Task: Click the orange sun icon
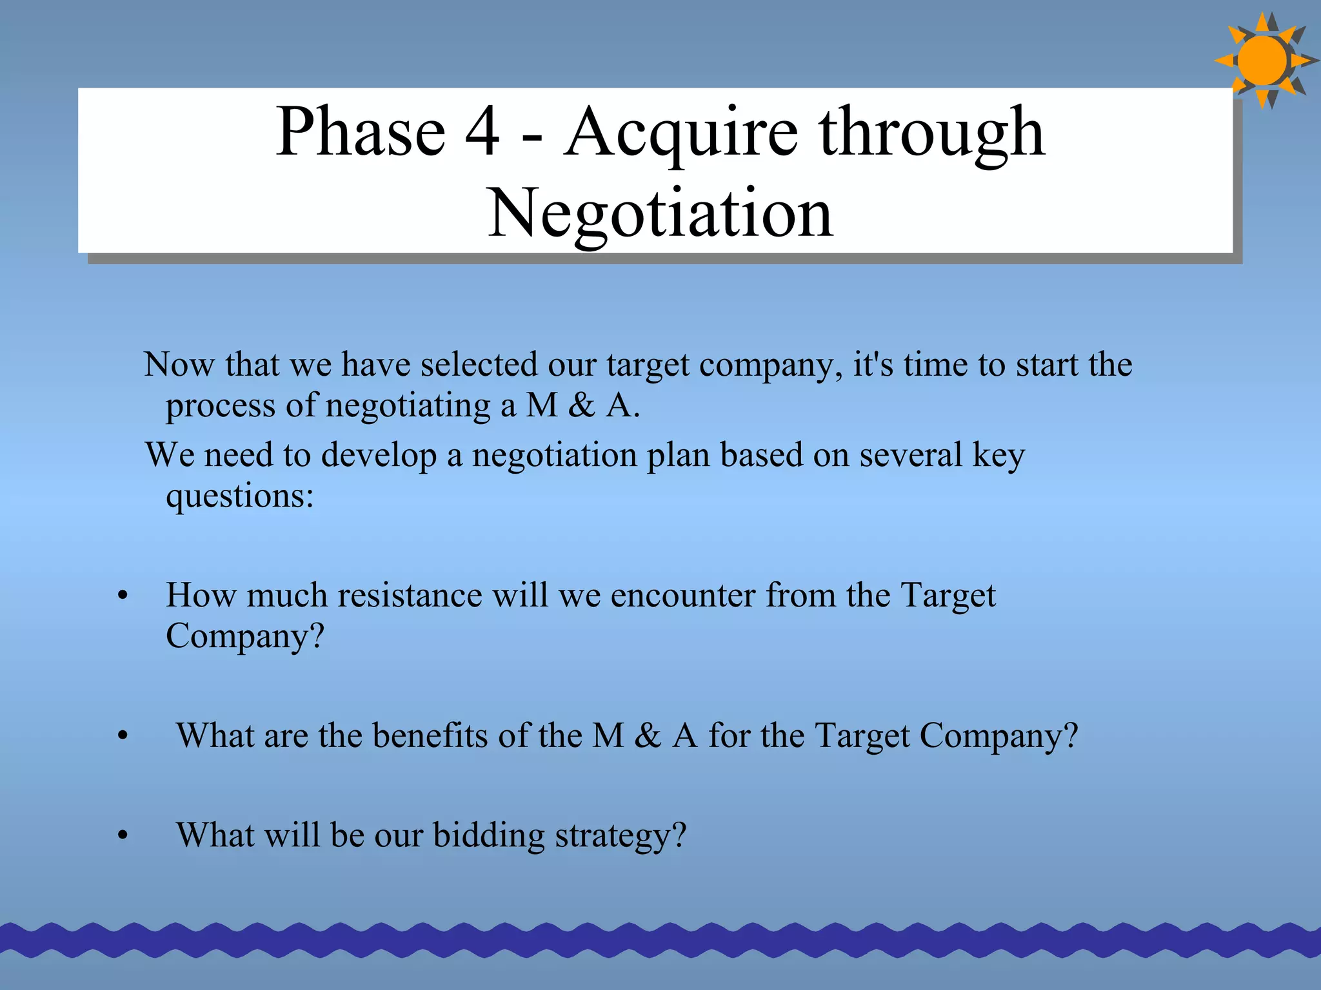click(1263, 61)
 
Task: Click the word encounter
click(682, 595)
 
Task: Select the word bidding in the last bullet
click(488, 837)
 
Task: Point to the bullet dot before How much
click(123, 596)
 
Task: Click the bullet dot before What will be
click(123, 837)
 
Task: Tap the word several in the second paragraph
click(911, 455)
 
